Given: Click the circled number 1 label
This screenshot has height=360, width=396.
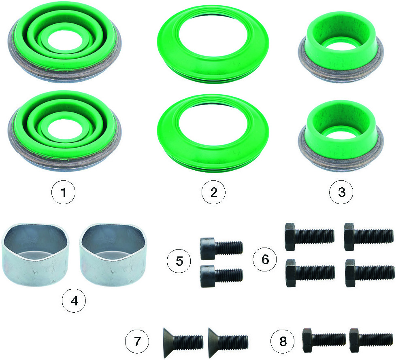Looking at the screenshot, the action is click(x=64, y=193).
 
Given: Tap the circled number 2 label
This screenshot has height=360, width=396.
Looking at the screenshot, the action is click(x=214, y=192).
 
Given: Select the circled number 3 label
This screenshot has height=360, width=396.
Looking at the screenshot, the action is click(x=341, y=192).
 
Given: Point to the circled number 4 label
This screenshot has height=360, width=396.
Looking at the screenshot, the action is click(x=74, y=301).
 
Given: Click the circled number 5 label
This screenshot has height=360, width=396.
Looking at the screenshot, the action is click(x=179, y=261).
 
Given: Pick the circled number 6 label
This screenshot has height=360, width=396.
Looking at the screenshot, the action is click(x=265, y=259).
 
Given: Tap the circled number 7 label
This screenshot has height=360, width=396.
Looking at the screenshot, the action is click(x=137, y=341).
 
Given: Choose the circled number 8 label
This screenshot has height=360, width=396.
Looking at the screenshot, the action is click(x=283, y=341).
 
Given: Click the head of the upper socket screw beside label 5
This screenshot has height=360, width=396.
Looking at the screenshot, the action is click(x=207, y=248).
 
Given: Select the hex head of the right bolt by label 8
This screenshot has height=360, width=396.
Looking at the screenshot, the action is click(x=354, y=340).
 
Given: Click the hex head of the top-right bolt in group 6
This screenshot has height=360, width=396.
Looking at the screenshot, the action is click(x=349, y=237).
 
